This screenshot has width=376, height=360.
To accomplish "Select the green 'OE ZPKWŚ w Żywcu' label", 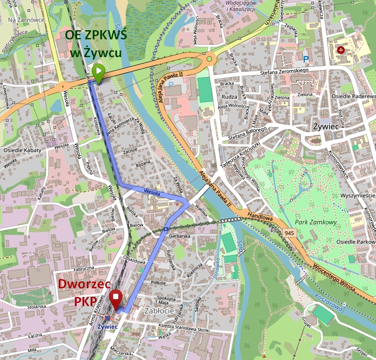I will tap(96, 44).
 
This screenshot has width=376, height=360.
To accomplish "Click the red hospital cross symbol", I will tap(340, 50).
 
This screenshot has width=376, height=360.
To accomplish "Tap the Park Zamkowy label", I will tap(316, 222).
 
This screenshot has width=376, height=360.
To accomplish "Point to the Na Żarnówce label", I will tap(26, 20).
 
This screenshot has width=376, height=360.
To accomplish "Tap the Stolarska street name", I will tap(37, 307).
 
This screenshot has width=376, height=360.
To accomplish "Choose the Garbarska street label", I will tap(180, 236).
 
